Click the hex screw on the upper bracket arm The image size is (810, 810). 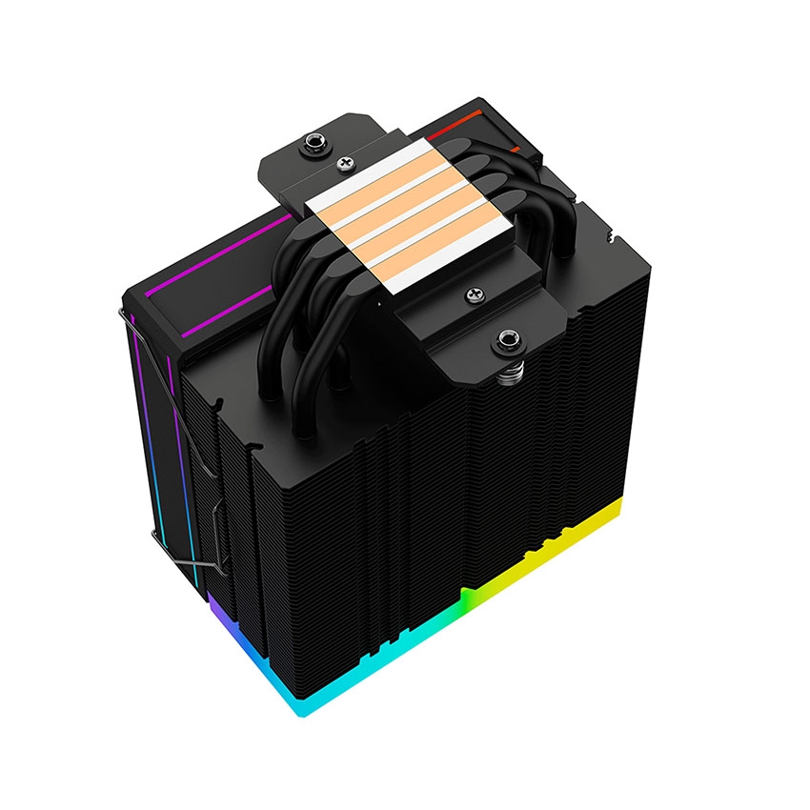pyautogui.click(x=311, y=145)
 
